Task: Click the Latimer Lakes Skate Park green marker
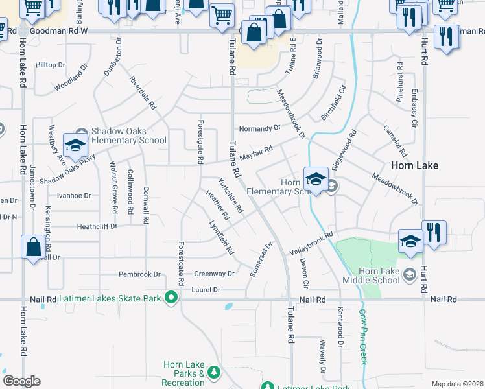pyautogui.click(x=171, y=298)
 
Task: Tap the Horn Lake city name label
pyautogui.click(x=414, y=165)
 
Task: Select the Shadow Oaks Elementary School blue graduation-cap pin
pyautogui.click(x=75, y=146)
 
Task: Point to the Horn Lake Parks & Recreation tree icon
pyautogui.click(x=214, y=371)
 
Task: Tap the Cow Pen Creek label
pyautogui.click(x=363, y=335)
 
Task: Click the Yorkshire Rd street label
pyautogui.click(x=231, y=196)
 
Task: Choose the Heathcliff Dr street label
pyautogui.click(x=97, y=226)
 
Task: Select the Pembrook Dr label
pyautogui.click(x=139, y=274)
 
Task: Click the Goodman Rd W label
pyautogui.click(x=58, y=30)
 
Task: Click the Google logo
pyautogui.click(x=21, y=381)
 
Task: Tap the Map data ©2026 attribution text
pyautogui.click(x=456, y=384)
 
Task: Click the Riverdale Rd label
pyautogui.click(x=143, y=92)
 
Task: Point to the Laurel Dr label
pyautogui.click(x=207, y=290)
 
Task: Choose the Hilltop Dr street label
pyautogui.click(x=51, y=65)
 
